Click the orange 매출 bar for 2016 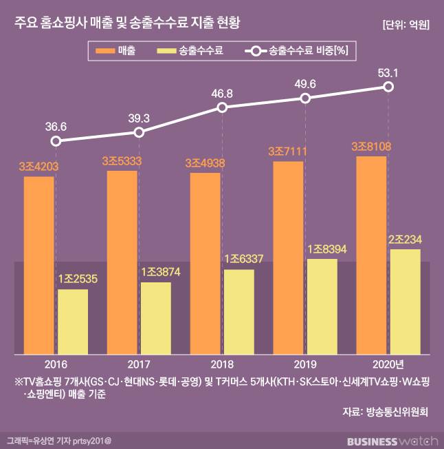pos(38,265)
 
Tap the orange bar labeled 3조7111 pos(288,258)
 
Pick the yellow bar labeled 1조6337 pos(238,312)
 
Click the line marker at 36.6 pos(56,141)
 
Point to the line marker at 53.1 pos(388,86)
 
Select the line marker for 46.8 pos(222,107)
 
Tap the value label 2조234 pos(405,239)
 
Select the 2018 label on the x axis pos(222,364)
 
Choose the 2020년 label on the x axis pos(388,364)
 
